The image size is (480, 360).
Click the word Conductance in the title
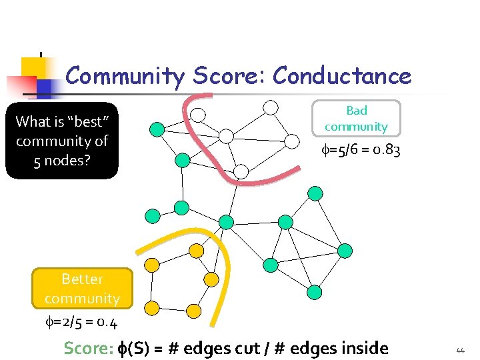[x=342, y=76]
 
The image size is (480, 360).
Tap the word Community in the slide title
[x=124, y=76]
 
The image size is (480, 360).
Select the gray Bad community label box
[x=357, y=118]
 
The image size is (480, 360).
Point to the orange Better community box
[x=82, y=288]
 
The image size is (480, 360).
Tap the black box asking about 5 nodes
[x=62, y=141]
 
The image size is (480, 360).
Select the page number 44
[x=460, y=349]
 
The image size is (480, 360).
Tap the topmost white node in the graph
[x=270, y=107]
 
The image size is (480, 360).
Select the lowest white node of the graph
[x=241, y=171]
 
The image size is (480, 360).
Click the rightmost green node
[x=345, y=250]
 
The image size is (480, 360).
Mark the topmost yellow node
[x=196, y=250]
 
